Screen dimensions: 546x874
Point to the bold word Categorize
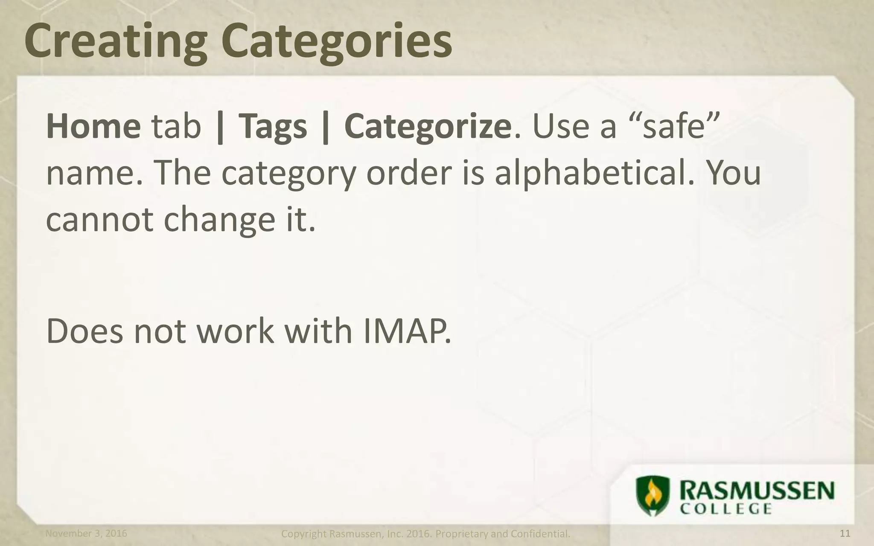coord(428,127)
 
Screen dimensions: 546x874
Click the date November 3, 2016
coord(86,533)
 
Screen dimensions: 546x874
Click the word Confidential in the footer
coord(540,534)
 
